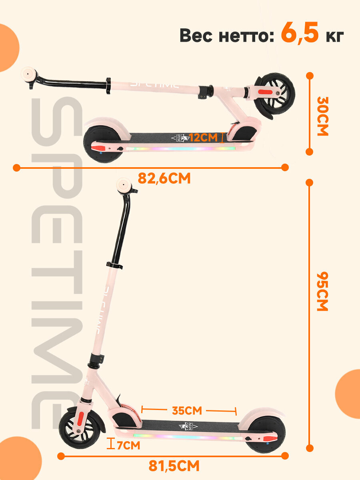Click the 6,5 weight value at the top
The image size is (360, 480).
(x=300, y=34)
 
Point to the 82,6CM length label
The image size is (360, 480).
(x=164, y=178)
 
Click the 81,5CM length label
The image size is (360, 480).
(x=174, y=466)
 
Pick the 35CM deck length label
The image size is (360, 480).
(x=187, y=410)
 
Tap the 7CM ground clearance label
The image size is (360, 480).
(x=128, y=445)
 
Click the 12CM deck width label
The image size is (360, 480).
(x=203, y=138)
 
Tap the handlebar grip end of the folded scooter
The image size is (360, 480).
(x=29, y=75)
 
